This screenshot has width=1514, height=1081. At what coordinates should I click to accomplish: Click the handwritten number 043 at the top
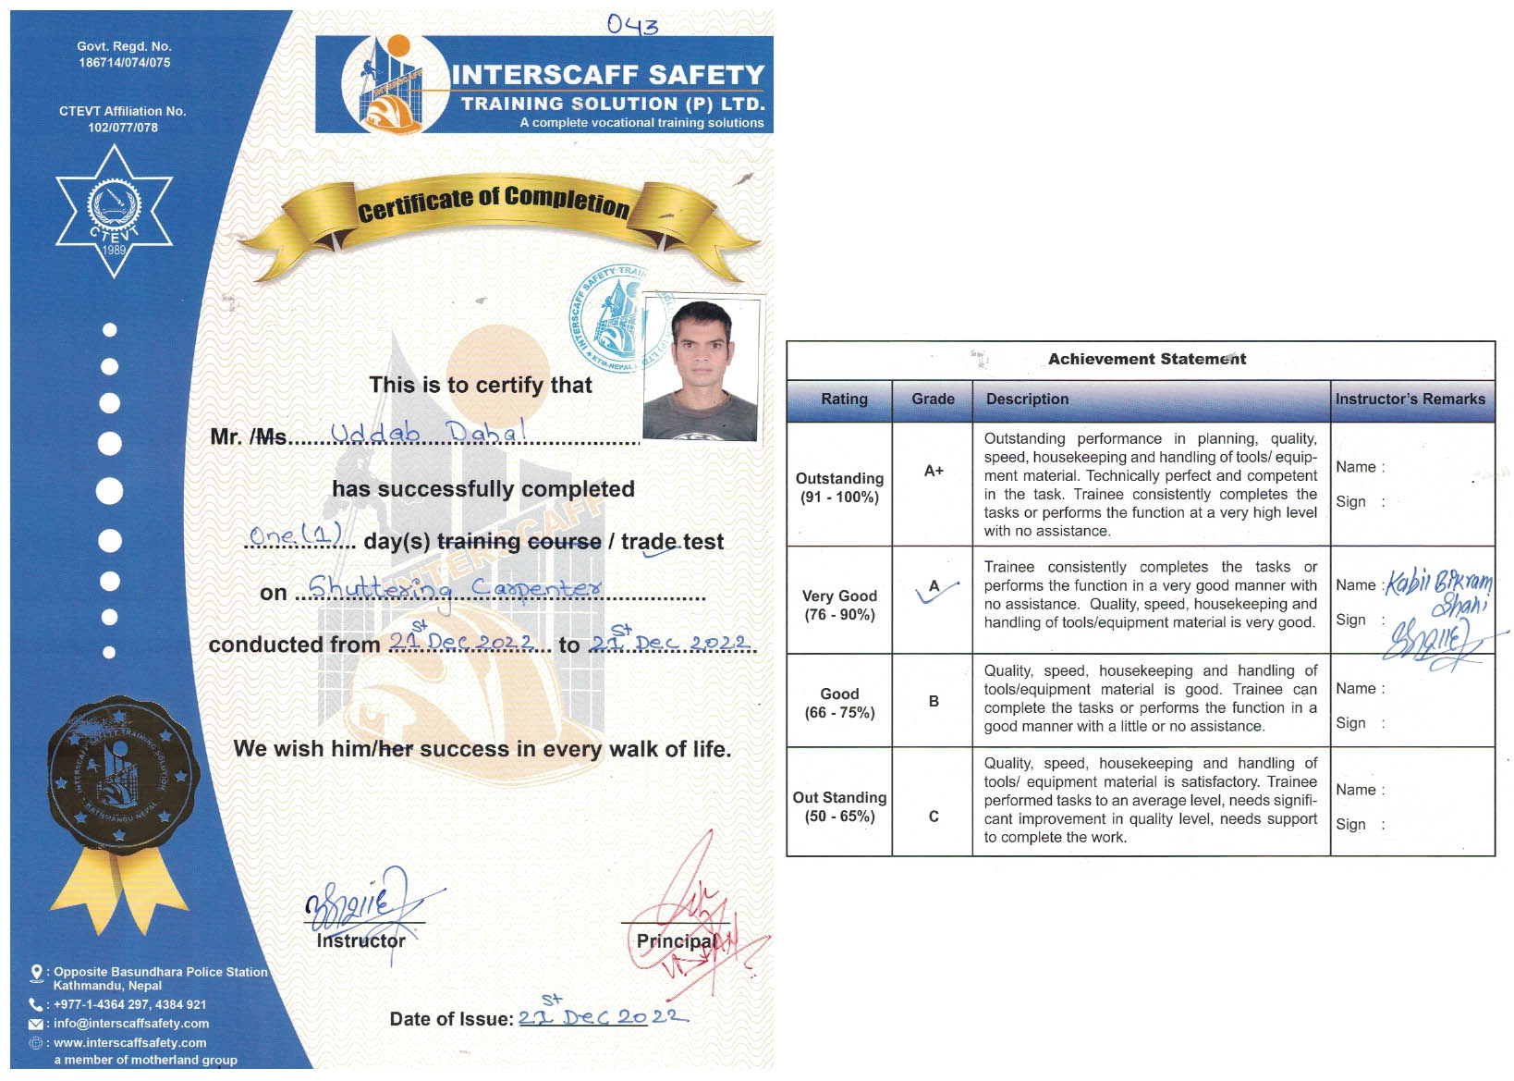coord(632,25)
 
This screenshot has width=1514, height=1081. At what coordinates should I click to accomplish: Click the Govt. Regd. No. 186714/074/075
coord(124,55)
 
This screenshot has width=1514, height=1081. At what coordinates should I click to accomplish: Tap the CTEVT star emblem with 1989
coord(114,212)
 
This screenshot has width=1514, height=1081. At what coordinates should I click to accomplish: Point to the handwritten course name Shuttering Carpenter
coord(454,589)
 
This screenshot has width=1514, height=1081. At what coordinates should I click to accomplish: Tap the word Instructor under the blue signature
coord(360,941)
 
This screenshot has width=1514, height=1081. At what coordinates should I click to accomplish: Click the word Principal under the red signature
coord(676,941)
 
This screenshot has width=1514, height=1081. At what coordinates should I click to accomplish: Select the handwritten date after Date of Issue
coord(602,1016)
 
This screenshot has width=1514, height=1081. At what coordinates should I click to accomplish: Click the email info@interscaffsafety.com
coord(130,1024)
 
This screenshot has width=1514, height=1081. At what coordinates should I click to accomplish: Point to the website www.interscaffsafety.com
coord(129,1043)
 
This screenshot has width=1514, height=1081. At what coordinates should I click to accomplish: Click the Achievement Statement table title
coord(1146,360)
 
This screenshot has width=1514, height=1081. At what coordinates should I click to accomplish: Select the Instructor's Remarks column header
coord(1410,399)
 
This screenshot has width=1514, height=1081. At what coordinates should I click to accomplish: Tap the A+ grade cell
coord(934,472)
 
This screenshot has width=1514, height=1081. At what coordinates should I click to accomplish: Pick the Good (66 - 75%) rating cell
coord(839,704)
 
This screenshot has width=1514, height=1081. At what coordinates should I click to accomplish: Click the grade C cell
coord(934,817)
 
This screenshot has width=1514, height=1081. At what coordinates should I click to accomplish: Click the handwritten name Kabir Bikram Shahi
coord(1439,592)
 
